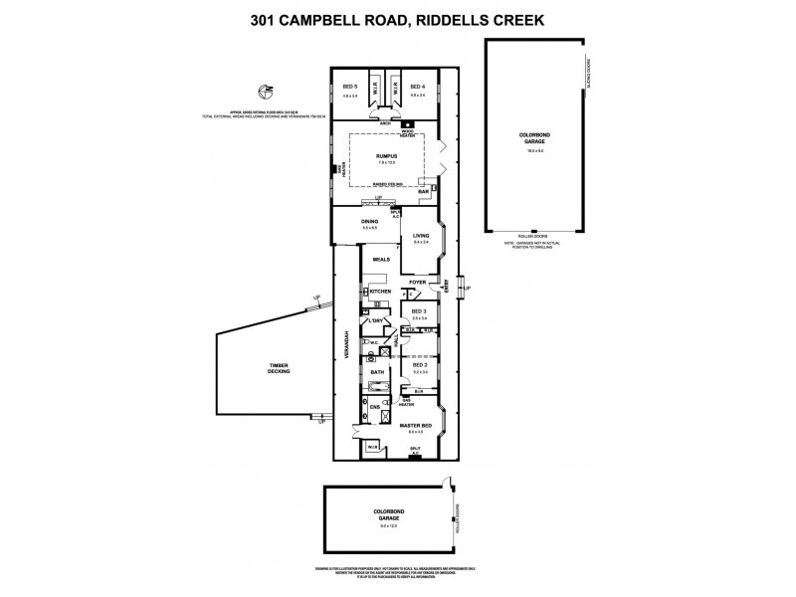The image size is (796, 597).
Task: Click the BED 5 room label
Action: tap(348, 87)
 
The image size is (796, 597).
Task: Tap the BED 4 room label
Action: tap(417, 87)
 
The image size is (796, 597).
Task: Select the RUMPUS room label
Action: tap(386, 156)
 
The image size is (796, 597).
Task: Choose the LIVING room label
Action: tap(420, 236)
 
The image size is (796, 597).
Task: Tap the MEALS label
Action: tap(381, 260)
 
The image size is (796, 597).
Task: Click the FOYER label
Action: tap(417, 283)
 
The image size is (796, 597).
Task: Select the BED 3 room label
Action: tap(419, 311)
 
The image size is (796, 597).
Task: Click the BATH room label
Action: tap(377, 372)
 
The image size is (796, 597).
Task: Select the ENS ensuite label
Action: tap(375, 408)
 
